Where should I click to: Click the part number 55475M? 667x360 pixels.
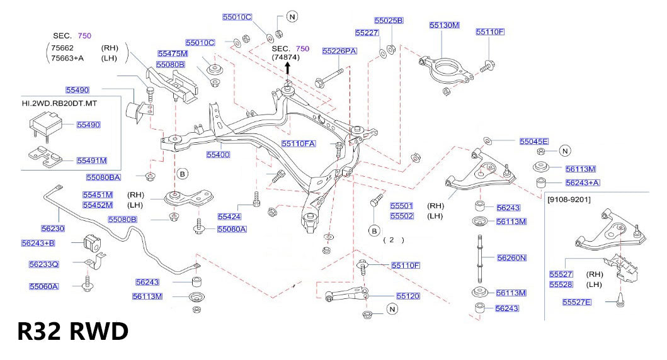point(173,53)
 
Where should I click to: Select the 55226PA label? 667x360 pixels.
point(339,50)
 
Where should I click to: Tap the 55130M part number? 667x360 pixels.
point(444,25)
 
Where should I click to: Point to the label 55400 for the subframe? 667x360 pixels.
point(218,154)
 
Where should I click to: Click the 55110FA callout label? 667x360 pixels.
point(298,143)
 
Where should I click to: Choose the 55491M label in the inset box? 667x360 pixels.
point(91,160)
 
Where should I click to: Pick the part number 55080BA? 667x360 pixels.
point(103,177)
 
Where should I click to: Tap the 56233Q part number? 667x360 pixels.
point(43,264)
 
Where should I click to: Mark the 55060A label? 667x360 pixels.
point(43,286)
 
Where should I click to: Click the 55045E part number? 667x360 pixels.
point(533,142)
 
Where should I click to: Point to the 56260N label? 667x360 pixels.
point(511,258)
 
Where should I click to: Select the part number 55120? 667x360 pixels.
point(408,295)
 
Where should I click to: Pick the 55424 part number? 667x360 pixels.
point(229,217)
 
